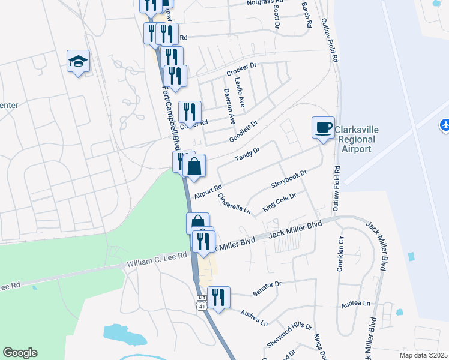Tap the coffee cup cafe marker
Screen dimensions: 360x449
(324, 128)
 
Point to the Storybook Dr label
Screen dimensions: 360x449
(289, 178)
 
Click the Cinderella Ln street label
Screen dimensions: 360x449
(234, 203)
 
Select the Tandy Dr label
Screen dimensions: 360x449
(247, 154)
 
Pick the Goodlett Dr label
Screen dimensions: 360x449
(243, 131)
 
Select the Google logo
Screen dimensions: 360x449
(20, 353)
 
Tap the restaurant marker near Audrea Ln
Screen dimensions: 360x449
(218, 298)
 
